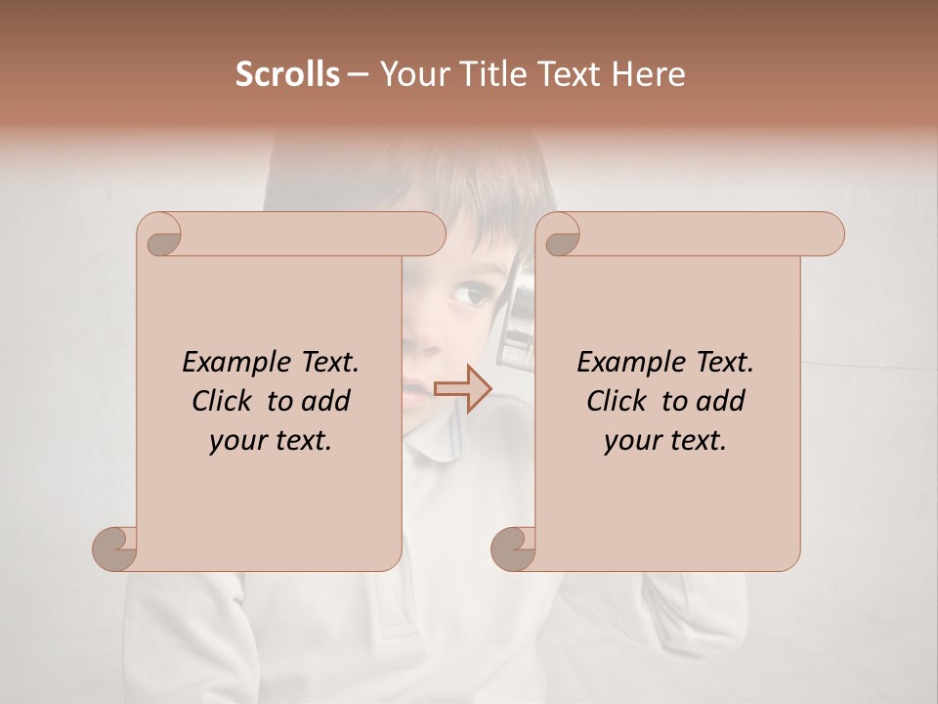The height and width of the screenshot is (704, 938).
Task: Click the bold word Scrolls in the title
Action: (x=287, y=74)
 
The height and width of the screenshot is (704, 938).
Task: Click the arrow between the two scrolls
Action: (x=462, y=389)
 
